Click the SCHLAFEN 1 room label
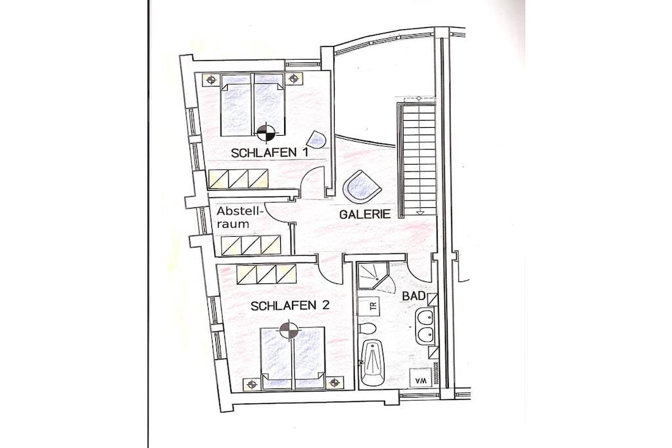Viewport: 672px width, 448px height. [270, 153]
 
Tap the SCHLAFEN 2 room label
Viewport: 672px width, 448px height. [290, 306]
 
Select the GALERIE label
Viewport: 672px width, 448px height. [365, 214]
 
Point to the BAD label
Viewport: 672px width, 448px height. [413, 296]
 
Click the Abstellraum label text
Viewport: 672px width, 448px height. [239, 217]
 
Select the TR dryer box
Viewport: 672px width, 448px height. [373, 306]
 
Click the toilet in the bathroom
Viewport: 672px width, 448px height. [367, 329]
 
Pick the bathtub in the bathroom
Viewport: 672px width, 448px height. [373, 363]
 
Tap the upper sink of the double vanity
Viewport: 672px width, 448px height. [425, 319]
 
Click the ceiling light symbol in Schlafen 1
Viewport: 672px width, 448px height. [266, 131]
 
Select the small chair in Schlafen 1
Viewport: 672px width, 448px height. [317, 139]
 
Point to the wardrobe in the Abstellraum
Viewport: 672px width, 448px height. [251, 245]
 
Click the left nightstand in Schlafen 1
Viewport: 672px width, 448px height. [211, 79]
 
